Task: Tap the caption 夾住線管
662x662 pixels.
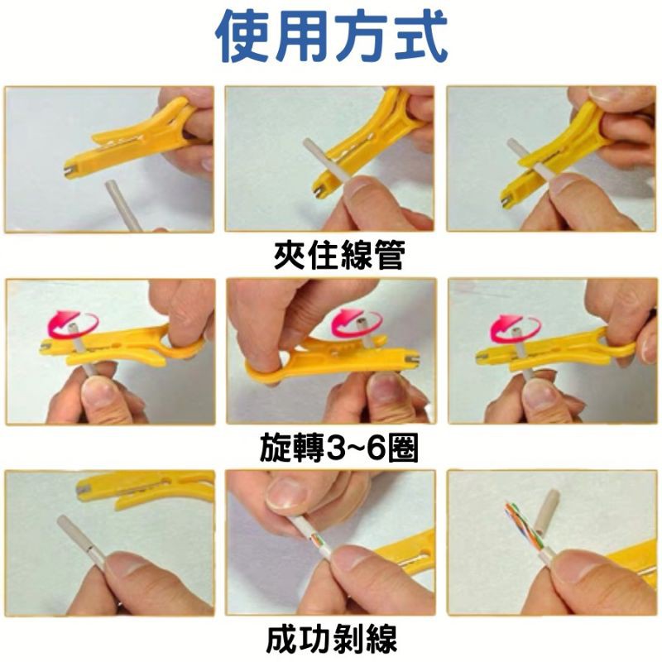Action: [339, 256]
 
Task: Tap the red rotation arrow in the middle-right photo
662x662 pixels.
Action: [515, 327]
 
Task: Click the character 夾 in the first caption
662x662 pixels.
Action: [290, 256]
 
